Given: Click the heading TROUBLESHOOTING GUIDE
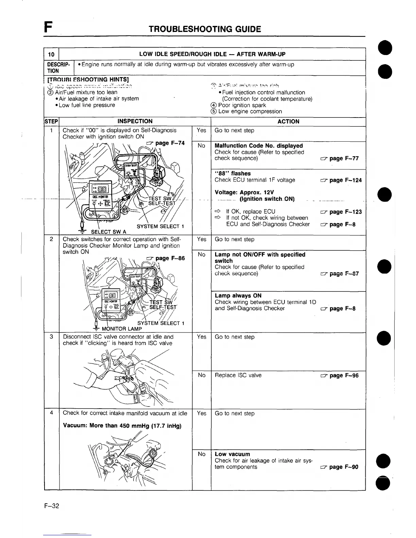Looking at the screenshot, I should tap(205, 29).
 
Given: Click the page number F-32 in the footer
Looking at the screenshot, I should tap(52, 506).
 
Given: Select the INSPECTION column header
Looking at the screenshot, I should tap(135, 121).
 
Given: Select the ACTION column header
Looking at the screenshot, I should tap(288, 121).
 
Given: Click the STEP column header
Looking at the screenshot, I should tap(52, 121).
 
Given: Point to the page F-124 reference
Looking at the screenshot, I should tap(341, 180).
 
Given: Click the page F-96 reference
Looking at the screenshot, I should tap(340, 375).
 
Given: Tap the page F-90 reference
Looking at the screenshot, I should tap(340, 467).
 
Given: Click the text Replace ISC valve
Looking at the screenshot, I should tap(238, 375).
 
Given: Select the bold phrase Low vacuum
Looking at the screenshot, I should tap(232, 454).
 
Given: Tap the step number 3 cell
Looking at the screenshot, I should tap(52, 337).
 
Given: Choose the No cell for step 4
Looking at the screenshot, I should tap(202, 454).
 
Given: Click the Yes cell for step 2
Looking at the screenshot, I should tap(202, 239).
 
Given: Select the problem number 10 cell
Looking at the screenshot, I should tap(51, 54).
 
